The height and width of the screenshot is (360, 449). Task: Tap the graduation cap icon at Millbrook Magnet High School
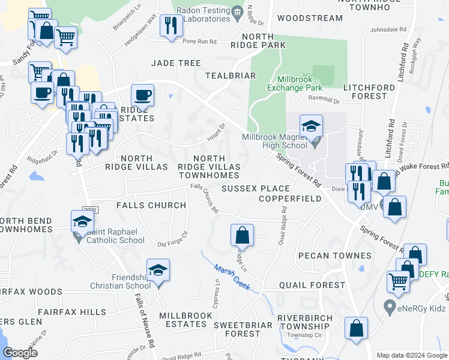(311, 126)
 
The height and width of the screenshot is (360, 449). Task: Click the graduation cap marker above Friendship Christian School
(158, 271)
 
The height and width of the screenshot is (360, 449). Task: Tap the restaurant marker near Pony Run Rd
(172, 25)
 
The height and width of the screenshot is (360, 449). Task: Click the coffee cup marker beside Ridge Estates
(142, 95)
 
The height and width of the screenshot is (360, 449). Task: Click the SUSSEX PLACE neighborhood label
(247, 188)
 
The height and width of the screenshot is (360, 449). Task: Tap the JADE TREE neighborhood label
(176, 63)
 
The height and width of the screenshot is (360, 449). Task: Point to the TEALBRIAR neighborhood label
(231, 76)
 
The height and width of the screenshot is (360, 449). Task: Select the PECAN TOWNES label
(343, 256)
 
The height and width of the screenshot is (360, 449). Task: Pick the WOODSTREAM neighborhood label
(310, 18)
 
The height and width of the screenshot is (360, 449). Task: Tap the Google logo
(20, 352)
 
